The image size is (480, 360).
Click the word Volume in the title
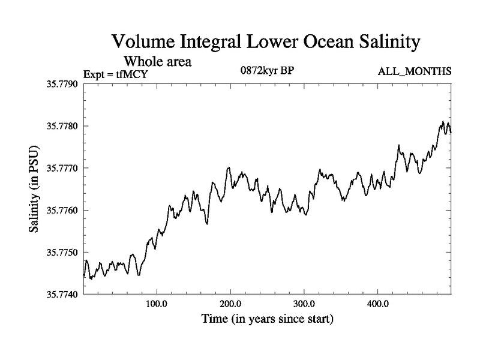(144, 43)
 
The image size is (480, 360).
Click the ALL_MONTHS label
(414, 72)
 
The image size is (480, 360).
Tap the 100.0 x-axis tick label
(157, 303)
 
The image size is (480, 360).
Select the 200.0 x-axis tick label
(230, 303)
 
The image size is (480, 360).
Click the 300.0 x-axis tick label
(304, 303)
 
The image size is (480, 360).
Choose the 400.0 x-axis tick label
(378, 303)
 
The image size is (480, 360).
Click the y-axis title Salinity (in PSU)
(35, 189)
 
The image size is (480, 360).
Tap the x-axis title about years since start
(267, 318)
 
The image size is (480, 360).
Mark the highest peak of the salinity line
(443, 121)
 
